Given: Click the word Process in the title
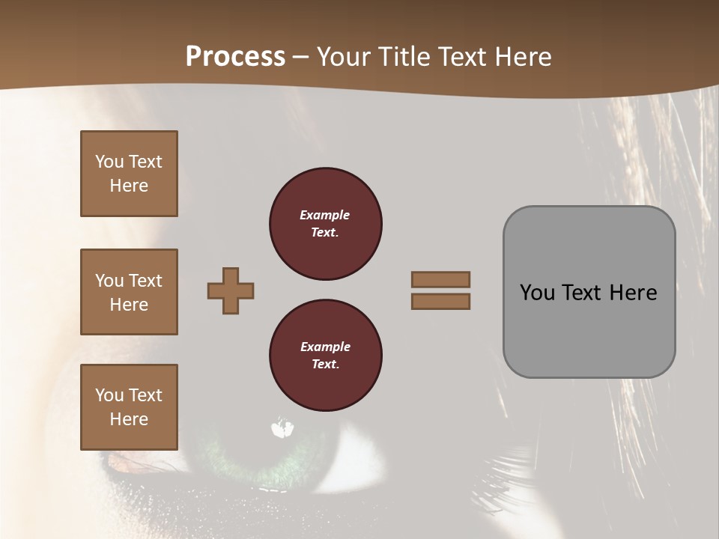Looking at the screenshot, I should point(235,57).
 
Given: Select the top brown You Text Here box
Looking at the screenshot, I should point(129,174).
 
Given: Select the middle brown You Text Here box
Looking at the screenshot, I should point(129,292).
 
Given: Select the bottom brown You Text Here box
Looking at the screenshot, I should point(129,406).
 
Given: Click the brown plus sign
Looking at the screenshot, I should point(231,290).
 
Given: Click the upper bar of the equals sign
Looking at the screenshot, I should point(440,279).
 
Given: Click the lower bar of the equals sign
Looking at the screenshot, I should point(440,301).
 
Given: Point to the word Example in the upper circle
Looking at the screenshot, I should point(325,215).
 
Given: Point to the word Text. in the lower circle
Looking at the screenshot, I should point(325,364).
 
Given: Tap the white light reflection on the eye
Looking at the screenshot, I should point(282,429).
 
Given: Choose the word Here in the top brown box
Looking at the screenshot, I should point(129,186).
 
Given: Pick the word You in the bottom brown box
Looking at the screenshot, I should point(109,395).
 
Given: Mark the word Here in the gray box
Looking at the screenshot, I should point(634,293).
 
